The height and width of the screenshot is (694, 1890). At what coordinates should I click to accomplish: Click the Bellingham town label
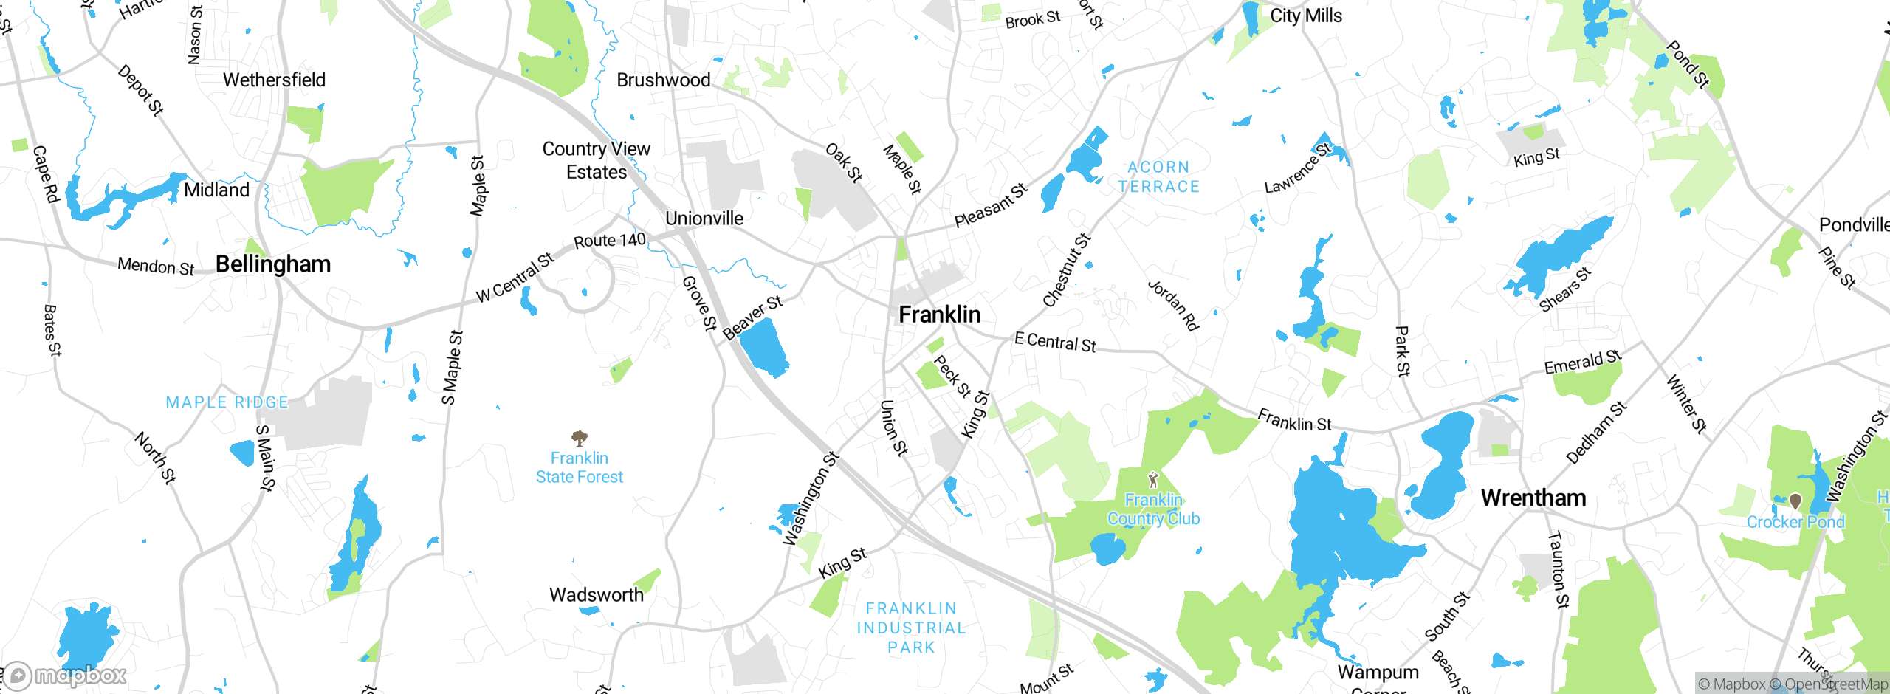273,264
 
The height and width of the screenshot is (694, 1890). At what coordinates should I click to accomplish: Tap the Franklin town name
940,315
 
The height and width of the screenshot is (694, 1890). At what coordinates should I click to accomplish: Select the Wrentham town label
1533,498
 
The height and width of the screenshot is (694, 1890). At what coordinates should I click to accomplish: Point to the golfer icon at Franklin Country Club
1153,481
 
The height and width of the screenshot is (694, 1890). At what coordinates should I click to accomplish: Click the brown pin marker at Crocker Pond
1795,502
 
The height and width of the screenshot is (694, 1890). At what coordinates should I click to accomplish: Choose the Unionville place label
704,219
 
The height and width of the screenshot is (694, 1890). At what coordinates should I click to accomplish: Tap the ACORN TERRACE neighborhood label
1159,177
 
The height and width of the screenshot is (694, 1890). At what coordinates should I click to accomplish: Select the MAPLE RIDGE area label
227,402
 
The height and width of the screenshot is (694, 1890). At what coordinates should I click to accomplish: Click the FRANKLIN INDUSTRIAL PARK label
911,628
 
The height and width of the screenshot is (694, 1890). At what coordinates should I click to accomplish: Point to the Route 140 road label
610,241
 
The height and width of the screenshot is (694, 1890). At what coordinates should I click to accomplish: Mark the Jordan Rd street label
1173,305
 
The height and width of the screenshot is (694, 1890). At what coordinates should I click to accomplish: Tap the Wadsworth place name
597,594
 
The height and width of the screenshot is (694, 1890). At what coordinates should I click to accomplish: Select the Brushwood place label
664,80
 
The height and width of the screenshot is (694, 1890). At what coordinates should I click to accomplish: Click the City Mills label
1306,16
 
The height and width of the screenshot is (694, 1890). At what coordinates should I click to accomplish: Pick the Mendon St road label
156,266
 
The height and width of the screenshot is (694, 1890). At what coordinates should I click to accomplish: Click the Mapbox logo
66,675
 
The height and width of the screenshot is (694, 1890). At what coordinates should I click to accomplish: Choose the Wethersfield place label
274,80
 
